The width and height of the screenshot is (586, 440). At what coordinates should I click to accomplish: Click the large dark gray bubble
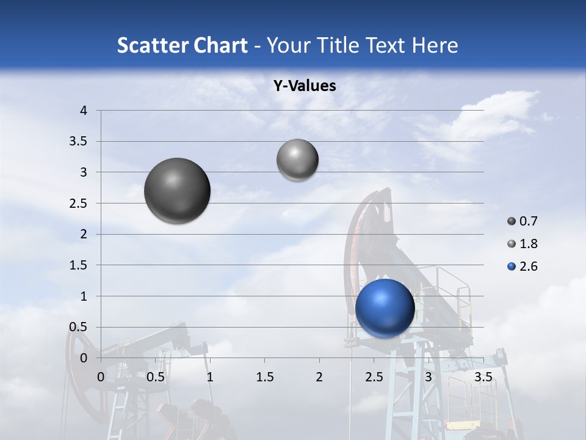(x=177, y=191)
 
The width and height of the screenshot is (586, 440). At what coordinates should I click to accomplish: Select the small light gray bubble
(x=297, y=159)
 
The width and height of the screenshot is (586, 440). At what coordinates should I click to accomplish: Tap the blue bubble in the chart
(x=385, y=308)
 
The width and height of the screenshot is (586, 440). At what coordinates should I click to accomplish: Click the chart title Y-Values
(x=304, y=86)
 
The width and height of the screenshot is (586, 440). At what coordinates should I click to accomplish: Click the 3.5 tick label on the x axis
(x=483, y=377)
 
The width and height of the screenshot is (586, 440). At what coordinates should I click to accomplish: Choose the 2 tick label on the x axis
(x=319, y=377)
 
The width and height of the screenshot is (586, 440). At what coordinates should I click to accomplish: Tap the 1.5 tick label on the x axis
(x=264, y=377)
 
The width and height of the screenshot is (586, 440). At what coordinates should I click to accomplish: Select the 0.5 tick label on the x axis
(x=155, y=377)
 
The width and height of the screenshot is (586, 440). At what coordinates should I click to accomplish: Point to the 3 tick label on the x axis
(x=429, y=377)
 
